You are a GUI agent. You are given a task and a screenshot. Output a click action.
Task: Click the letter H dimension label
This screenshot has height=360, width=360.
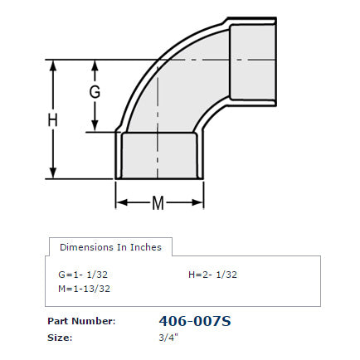click(53, 120)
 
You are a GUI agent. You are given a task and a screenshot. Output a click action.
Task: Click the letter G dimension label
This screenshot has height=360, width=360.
click(95, 93)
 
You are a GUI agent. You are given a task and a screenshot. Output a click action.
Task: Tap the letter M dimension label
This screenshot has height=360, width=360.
click(158, 202)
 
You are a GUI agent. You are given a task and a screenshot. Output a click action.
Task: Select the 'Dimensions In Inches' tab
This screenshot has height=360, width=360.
click(110, 247)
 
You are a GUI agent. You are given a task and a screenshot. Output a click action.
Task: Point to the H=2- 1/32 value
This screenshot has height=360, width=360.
click(214, 274)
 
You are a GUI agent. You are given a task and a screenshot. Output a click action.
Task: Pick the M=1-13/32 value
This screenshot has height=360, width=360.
click(84, 289)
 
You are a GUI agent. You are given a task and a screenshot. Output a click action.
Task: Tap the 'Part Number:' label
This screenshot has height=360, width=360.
click(80, 321)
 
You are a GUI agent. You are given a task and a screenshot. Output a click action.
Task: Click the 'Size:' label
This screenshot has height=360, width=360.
click(61, 338)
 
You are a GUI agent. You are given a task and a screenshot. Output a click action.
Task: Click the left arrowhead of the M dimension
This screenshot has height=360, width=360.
click(119, 202)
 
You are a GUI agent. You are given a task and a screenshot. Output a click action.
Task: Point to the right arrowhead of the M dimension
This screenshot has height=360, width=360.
click(199, 202)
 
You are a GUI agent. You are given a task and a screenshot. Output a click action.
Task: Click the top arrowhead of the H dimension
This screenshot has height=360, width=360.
click(53, 64)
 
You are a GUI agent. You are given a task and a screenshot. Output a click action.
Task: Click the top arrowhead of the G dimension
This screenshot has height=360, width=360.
click(95, 64)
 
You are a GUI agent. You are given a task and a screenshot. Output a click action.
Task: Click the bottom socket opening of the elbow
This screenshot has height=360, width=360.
click(159, 158)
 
